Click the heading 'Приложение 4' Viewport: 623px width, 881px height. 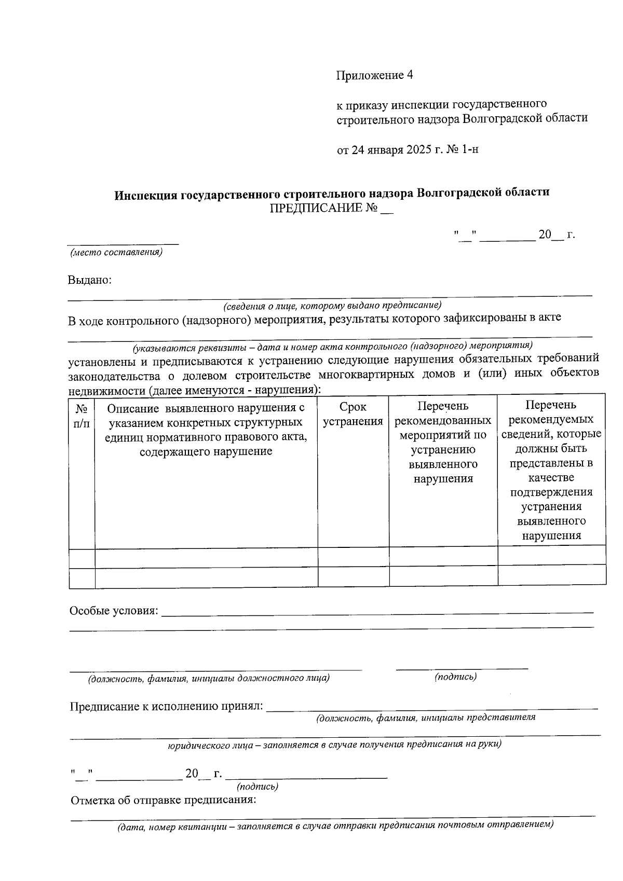[x=374, y=75]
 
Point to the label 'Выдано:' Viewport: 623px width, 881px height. [x=90, y=280]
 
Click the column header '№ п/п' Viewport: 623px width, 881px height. [x=82, y=416]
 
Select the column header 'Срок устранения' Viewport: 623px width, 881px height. [x=353, y=414]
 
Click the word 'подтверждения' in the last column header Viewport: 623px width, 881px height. [x=551, y=492]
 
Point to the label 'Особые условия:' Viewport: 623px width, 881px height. [x=114, y=611]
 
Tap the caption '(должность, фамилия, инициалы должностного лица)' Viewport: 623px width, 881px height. [x=209, y=678]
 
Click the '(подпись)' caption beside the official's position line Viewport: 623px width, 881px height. [x=455, y=677]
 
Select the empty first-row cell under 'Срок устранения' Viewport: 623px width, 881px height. [x=353, y=556]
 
